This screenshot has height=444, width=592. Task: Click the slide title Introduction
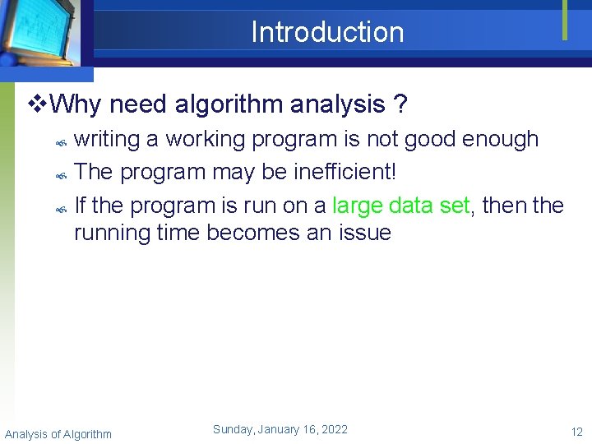click(327, 32)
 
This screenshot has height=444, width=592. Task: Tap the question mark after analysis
click(399, 105)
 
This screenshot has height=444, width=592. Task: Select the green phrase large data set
click(401, 205)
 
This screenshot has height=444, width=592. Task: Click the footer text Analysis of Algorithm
click(58, 433)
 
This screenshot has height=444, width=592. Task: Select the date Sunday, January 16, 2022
click(280, 429)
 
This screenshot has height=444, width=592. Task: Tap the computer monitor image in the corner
click(41, 33)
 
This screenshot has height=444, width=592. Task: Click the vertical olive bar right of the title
click(565, 20)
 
